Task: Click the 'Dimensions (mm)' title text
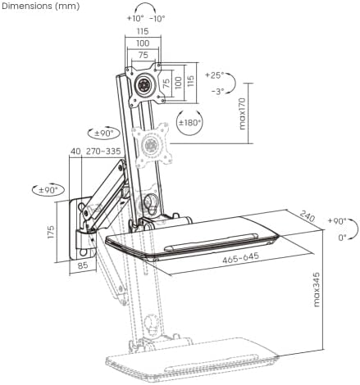tap(41, 6)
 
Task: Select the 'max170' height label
tap(243, 114)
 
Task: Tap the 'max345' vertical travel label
tap(316, 289)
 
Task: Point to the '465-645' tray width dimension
tap(240, 258)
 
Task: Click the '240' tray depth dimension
tap(308, 215)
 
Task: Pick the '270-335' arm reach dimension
tap(103, 151)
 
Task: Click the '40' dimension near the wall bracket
tap(75, 151)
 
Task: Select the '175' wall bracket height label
tap(51, 232)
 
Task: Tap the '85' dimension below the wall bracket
tap(83, 265)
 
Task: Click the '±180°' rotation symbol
tap(189, 123)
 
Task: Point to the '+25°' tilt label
tap(215, 75)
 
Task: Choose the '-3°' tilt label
tap(218, 91)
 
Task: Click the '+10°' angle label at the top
tap(135, 18)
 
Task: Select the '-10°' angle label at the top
tap(157, 18)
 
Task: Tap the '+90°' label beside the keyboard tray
tap(337, 220)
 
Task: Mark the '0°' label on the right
tap(342, 238)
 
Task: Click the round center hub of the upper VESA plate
tap(144, 84)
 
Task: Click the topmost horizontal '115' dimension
tap(143, 31)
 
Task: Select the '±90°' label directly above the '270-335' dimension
tap(104, 134)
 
